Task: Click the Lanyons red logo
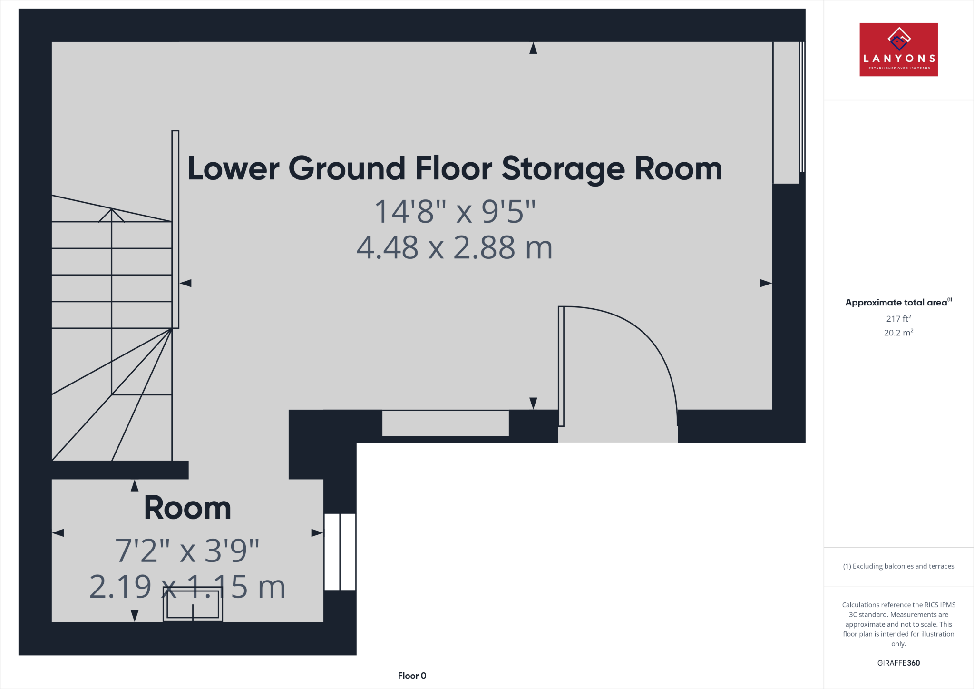point(898,49)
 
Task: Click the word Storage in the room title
point(563,169)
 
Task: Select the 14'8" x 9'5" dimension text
point(455,211)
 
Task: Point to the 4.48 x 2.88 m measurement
point(455,248)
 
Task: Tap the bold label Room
point(187,508)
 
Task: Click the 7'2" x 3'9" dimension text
point(187,551)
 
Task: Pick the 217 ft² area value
point(898,319)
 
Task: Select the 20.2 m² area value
point(898,333)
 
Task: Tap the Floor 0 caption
point(412,676)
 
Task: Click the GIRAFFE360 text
point(898,663)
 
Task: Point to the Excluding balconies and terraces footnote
point(898,566)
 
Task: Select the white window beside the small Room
point(340,552)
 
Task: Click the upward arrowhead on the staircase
point(111,215)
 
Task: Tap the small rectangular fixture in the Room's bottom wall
point(193,604)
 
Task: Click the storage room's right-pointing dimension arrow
point(766,283)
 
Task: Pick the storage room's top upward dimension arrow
point(533,48)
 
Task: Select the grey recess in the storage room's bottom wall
point(445,423)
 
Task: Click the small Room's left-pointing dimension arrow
point(58,533)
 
